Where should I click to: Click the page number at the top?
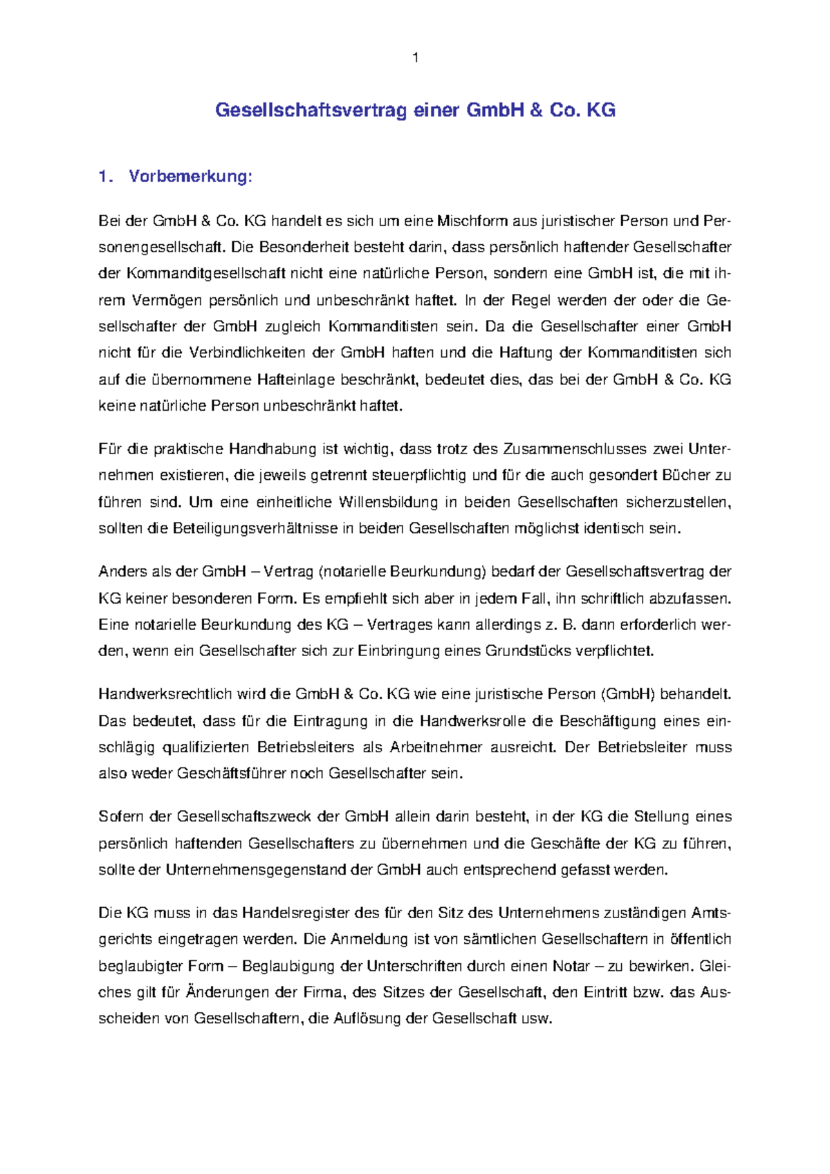point(415,58)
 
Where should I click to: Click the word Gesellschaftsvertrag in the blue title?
point(311,111)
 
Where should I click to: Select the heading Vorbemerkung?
point(190,177)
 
